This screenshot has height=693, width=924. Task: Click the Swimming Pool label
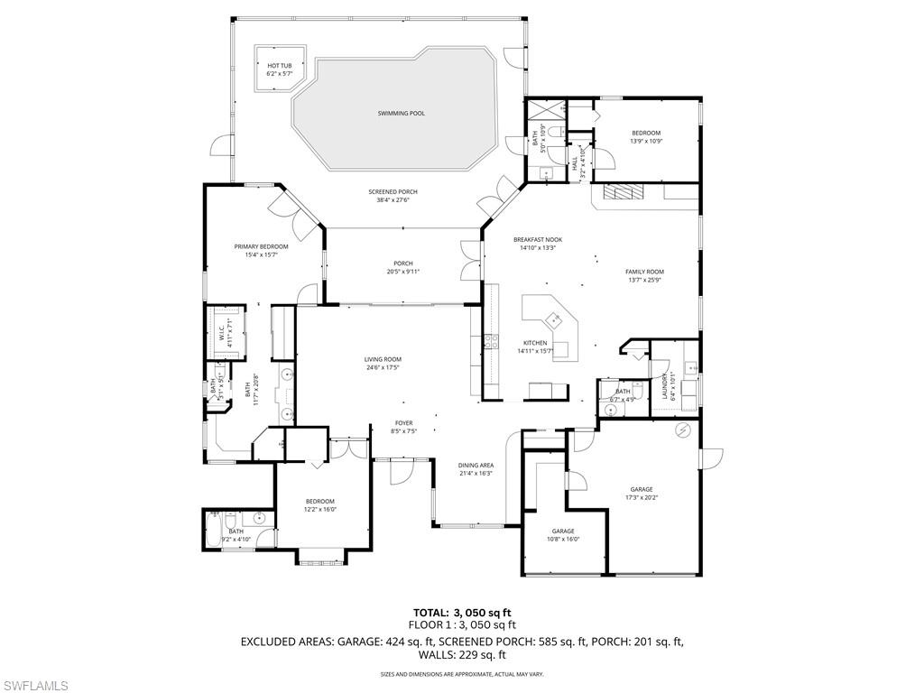click(401, 114)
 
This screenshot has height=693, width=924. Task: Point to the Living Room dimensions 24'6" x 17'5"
click(383, 367)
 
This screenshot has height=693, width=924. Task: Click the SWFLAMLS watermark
click(35, 686)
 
